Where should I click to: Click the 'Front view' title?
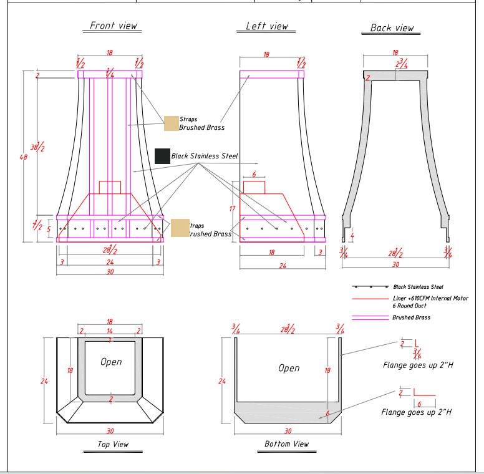coord(114,26)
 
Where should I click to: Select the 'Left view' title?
coord(267,26)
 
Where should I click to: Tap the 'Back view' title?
coord(392,27)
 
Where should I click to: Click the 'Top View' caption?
coord(113,444)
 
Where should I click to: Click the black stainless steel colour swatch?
coord(162,156)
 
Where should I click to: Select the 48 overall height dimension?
coord(24,157)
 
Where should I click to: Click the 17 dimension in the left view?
coord(233,209)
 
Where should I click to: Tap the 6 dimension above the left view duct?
coord(254,175)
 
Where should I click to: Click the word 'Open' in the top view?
coord(111,362)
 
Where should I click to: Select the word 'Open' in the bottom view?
coord(289,368)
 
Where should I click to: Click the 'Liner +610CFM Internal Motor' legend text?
coord(430,299)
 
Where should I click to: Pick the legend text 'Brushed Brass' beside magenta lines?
coord(411,317)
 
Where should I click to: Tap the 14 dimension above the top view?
coord(110,331)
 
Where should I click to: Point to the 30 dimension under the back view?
coord(395,264)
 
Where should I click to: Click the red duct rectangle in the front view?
coord(110,187)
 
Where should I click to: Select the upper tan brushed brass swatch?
coord(171,123)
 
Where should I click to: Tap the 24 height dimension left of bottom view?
coord(222,380)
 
